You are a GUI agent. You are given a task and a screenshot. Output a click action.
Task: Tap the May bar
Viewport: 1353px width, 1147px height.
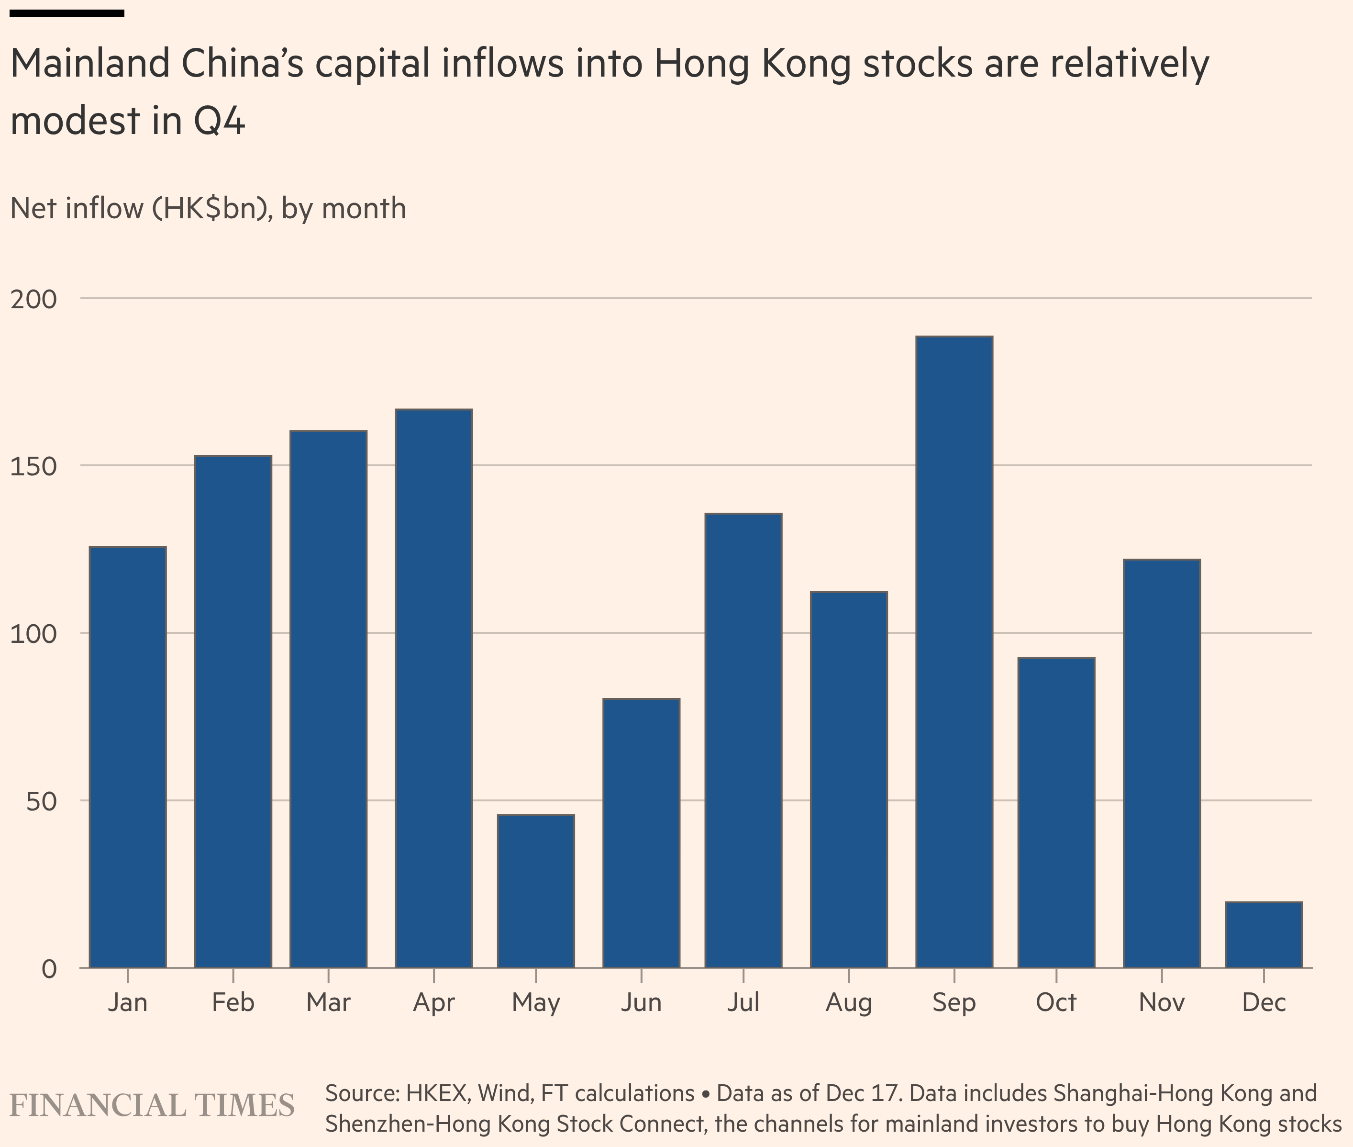point(535,891)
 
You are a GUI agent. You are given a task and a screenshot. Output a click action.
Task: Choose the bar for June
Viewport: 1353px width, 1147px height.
point(641,833)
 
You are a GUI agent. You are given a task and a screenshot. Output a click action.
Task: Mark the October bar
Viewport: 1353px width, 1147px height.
point(1056,813)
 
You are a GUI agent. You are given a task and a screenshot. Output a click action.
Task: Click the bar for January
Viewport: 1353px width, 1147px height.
point(127,757)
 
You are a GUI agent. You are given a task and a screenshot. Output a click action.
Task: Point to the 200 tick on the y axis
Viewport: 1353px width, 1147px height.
point(34,299)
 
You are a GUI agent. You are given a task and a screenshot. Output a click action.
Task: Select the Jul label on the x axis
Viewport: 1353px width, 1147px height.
point(743,1002)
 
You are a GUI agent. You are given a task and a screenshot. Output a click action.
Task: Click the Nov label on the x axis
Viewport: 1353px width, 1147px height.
point(1161,1002)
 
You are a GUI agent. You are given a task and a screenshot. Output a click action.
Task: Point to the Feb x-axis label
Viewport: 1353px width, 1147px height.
point(233,1002)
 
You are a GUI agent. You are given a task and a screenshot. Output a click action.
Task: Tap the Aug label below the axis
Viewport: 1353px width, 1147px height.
point(848,1002)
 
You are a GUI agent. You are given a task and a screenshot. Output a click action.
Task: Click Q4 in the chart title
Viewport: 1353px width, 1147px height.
point(220,121)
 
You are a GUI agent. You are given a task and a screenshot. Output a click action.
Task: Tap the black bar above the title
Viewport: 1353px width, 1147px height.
point(67,13)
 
